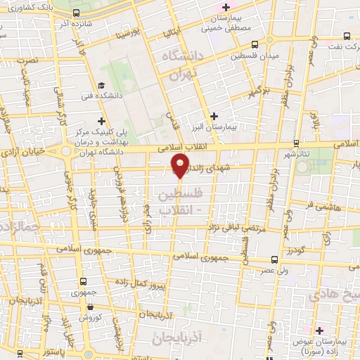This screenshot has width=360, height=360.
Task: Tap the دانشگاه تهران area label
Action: click(x=181, y=63)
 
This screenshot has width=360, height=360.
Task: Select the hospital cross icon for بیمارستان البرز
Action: click(x=214, y=116)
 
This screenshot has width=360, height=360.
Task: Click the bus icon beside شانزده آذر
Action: click(x=75, y=13)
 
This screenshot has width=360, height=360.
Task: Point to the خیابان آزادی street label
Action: click(x=21, y=151)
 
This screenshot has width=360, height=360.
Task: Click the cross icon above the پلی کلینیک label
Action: click(x=103, y=120)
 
